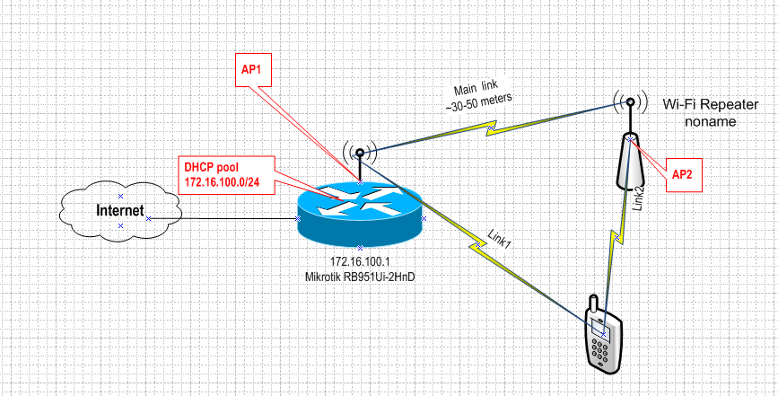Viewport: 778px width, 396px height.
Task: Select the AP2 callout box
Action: click(x=681, y=173)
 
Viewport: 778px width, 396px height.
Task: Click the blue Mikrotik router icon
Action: click(x=359, y=213)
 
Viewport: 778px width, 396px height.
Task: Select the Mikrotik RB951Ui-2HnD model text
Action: click(x=360, y=277)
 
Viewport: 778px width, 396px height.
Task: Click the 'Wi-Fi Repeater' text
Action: click(x=710, y=104)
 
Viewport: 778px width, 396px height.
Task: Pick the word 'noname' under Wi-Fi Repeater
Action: click(x=709, y=120)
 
